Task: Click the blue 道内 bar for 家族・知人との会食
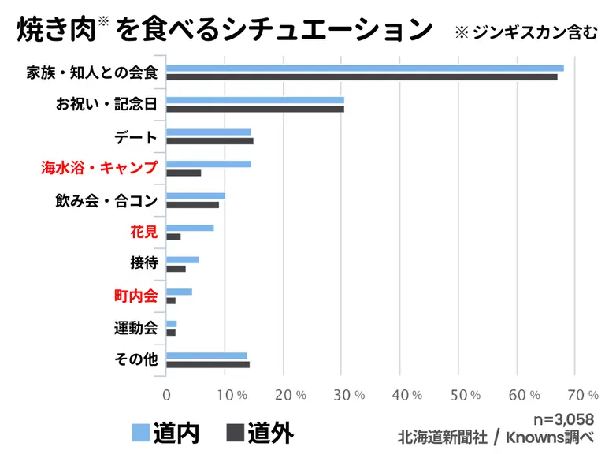coord(365,69)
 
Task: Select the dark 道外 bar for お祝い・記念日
coord(255,109)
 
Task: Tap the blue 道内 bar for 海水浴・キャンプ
coord(209,164)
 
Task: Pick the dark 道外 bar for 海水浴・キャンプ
coord(184,173)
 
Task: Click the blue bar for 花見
coord(190,228)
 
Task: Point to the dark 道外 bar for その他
coord(208,364)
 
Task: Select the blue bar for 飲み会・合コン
coord(195,196)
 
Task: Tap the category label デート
coord(135,137)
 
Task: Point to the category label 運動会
coord(135,327)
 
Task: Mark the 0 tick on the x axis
coord(166,394)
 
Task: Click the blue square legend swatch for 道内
coord(140,432)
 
